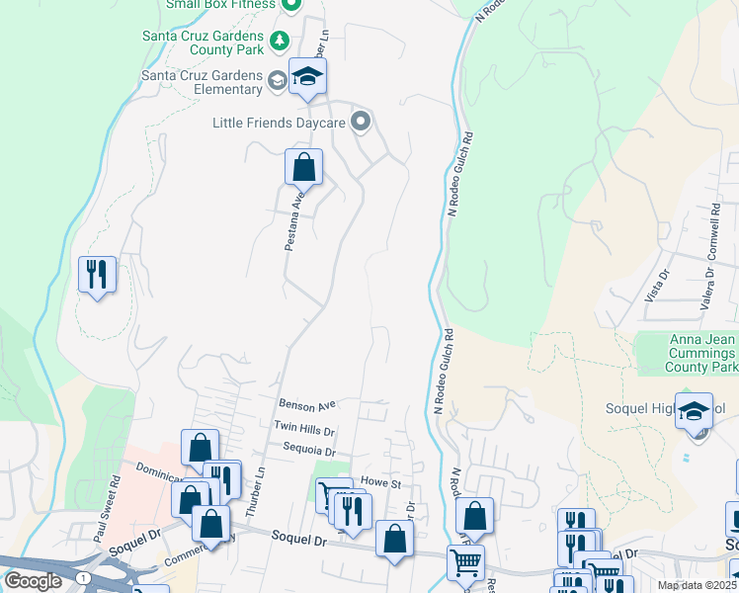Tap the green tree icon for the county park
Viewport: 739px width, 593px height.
pyautogui.click(x=280, y=41)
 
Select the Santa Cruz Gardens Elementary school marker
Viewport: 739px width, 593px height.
pyautogui.click(x=307, y=77)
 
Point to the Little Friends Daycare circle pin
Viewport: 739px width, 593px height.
pyautogui.click(x=361, y=123)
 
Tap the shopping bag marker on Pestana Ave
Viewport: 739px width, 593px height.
pyautogui.click(x=303, y=167)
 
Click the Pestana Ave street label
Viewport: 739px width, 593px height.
pyautogui.click(x=292, y=220)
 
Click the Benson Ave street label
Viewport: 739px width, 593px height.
pyautogui.click(x=307, y=404)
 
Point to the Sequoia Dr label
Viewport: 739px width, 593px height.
pyautogui.click(x=309, y=450)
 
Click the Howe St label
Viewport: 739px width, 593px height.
pyautogui.click(x=379, y=483)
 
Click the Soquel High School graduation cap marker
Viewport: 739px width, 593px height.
pyautogui.click(x=694, y=409)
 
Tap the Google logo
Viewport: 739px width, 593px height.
pyautogui.click(x=33, y=581)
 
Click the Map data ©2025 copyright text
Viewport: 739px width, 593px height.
pyautogui.click(x=697, y=585)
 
